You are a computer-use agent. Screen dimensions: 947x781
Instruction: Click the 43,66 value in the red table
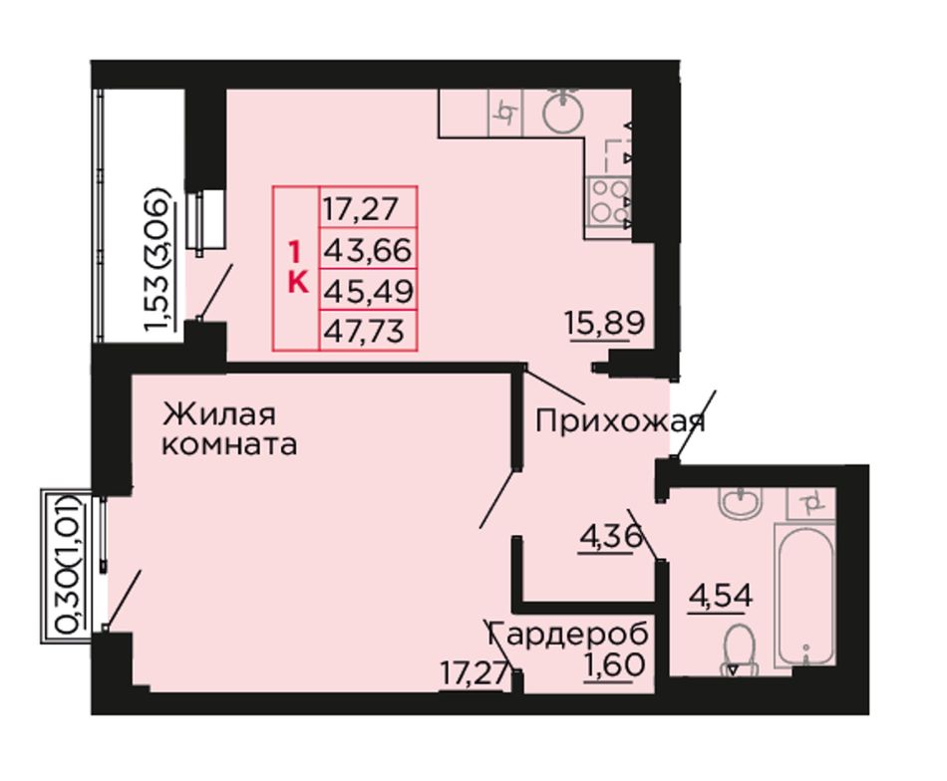click(367, 250)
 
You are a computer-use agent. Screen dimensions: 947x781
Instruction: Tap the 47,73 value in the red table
click(364, 331)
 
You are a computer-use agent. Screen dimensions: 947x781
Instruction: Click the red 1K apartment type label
click(297, 266)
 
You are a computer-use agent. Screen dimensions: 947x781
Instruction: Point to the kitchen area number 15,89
click(605, 323)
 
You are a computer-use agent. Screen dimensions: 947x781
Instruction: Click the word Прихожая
click(620, 420)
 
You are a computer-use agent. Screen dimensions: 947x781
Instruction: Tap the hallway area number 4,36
click(609, 536)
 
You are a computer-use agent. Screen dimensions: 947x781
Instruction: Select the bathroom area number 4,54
click(721, 597)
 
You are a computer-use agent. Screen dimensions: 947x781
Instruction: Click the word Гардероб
click(568, 634)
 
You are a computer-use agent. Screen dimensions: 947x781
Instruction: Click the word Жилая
click(219, 414)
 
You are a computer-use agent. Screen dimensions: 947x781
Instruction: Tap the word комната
click(229, 445)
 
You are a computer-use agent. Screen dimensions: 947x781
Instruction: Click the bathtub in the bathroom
click(805, 595)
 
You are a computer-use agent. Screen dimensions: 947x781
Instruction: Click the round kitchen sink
click(563, 110)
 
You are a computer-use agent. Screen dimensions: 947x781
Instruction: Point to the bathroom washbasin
click(741, 503)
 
